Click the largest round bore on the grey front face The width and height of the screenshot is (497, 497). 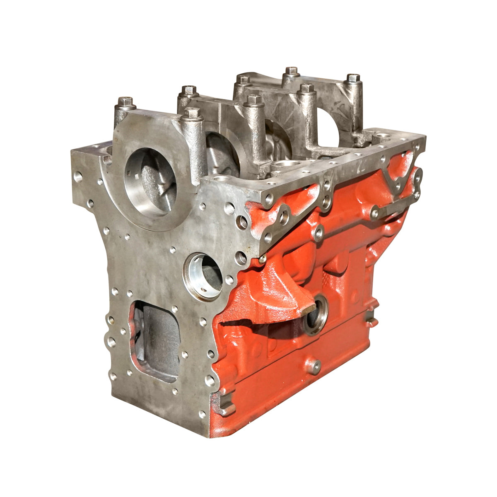pos(150,182)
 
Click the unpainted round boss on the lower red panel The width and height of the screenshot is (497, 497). pos(314,366)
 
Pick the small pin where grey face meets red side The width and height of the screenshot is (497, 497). pos(262,260)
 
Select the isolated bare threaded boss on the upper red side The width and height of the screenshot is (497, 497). pos(318,233)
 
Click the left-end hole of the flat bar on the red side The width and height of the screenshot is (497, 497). pos(375,213)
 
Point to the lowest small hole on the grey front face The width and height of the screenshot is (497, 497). pos(202,414)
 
